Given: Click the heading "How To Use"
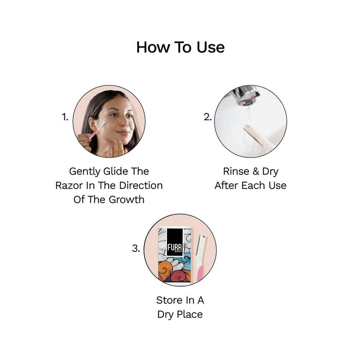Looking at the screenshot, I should click(180, 47).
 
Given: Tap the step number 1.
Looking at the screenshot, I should click(65, 118).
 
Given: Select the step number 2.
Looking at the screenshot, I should click(207, 118).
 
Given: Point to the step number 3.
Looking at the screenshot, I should click(136, 248).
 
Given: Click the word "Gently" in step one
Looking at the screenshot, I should click(84, 171).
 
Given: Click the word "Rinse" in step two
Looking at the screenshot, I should click(236, 171).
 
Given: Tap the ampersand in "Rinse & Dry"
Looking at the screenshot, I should click(255, 171).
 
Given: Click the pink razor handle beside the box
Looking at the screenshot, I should click(200, 272).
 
